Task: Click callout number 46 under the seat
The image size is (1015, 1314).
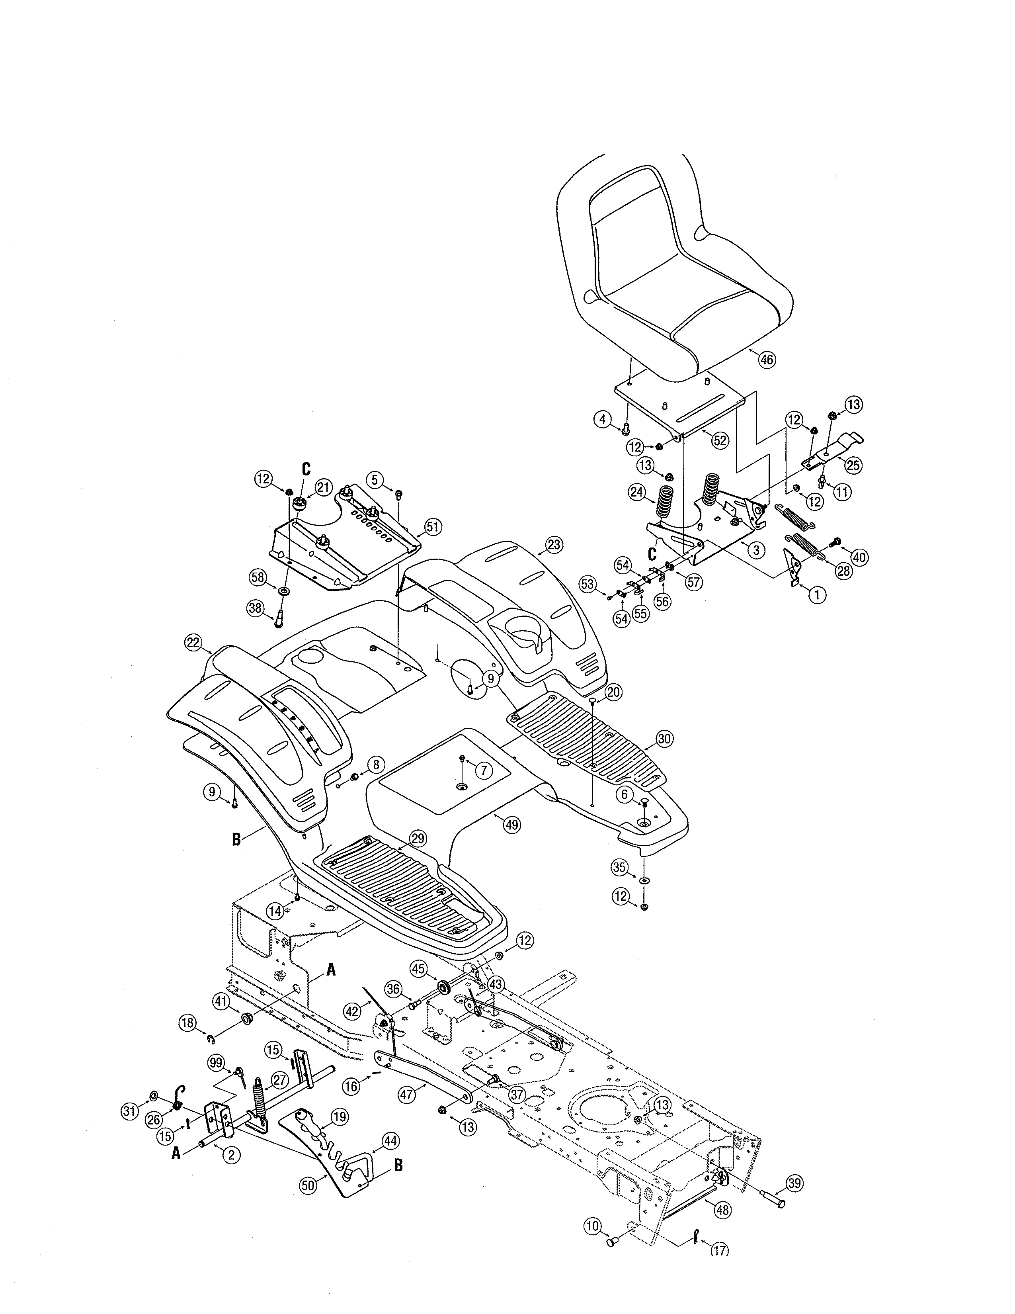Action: click(767, 360)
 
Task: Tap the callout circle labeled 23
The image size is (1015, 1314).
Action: click(554, 545)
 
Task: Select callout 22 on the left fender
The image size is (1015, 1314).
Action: click(192, 643)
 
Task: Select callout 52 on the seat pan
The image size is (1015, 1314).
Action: click(720, 440)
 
